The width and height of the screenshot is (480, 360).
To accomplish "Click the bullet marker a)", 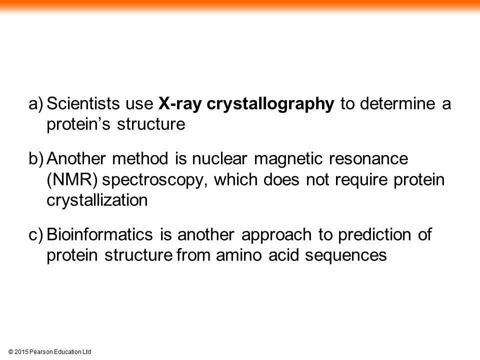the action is click(36, 103).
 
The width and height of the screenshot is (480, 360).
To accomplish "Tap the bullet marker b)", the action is click(36, 158).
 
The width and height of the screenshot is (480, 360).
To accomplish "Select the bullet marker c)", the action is click(36, 234).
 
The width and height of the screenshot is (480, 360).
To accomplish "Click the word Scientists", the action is click(83, 103).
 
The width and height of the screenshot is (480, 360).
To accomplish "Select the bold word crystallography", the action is click(270, 104).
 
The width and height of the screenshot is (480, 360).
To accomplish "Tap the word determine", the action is click(397, 103).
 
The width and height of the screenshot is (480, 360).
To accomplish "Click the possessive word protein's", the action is click(78, 124).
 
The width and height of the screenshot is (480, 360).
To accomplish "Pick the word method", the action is click(140, 158).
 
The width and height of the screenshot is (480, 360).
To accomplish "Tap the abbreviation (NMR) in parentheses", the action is click(72, 179).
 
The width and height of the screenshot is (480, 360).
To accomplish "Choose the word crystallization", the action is click(97, 200).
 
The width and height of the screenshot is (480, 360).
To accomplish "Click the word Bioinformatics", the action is click(99, 234).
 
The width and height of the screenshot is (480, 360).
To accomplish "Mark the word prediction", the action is click(374, 235).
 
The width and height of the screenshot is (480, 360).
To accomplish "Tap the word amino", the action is click(239, 255).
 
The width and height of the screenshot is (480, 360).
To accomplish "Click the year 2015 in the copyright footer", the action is click(21, 351).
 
